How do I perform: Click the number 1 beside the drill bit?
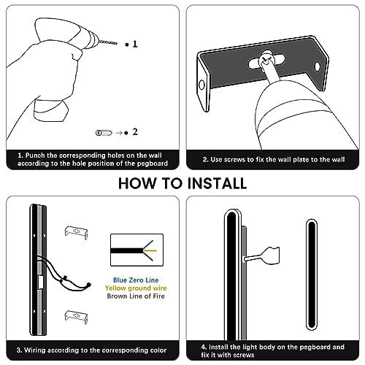tap(135, 44)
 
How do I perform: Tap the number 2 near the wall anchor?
tap(135, 132)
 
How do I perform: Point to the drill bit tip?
tap(116, 44)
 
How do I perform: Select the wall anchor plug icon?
tap(104, 133)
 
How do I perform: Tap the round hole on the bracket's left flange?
tap(201, 85)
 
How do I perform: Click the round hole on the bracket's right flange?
tap(318, 66)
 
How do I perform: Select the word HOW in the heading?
tap(137, 183)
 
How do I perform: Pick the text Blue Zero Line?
tap(136, 280)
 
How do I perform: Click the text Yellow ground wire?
tap(136, 288)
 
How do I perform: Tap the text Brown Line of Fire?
tap(136, 296)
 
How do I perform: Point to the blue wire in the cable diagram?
tap(148, 245)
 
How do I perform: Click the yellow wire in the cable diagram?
tap(150, 250)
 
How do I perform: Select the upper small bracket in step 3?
tap(76, 232)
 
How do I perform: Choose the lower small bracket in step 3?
tap(76, 317)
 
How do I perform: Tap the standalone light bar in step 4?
tap(312, 274)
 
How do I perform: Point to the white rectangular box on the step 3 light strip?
tap(40, 283)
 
